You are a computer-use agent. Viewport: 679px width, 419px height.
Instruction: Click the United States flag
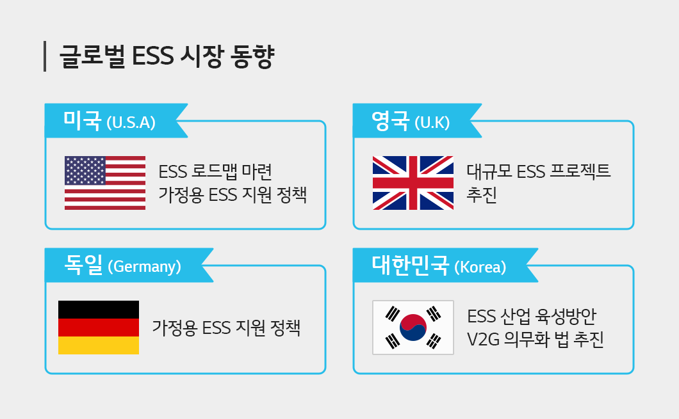point(105,183)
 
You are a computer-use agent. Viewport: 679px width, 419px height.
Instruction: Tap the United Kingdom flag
point(413,183)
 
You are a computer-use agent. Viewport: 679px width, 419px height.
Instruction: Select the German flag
point(99,328)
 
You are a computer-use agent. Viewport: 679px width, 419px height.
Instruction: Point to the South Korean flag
point(413,328)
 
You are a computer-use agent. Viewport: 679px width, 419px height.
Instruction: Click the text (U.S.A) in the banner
point(131,123)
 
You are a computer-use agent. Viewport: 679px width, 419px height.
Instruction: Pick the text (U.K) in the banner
point(432,123)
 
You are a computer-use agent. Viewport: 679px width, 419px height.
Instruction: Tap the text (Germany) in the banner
point(144,267)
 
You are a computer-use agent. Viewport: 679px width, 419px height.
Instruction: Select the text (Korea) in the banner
point(480,267)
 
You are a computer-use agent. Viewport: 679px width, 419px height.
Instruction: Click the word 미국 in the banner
point(82,120)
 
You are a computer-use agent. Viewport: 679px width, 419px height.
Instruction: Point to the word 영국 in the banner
point(390,120)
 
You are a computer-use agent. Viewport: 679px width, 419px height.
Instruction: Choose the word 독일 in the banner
point(83,265)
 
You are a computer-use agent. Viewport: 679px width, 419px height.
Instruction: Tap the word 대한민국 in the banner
point(411,265)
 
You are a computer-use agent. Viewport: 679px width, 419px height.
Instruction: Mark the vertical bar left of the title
point(45,56)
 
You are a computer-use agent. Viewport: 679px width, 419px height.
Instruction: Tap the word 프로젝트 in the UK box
point(580,171)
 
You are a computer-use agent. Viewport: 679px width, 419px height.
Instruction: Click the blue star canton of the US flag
point(85,170)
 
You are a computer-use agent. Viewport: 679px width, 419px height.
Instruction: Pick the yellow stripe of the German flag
point(99,345)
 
